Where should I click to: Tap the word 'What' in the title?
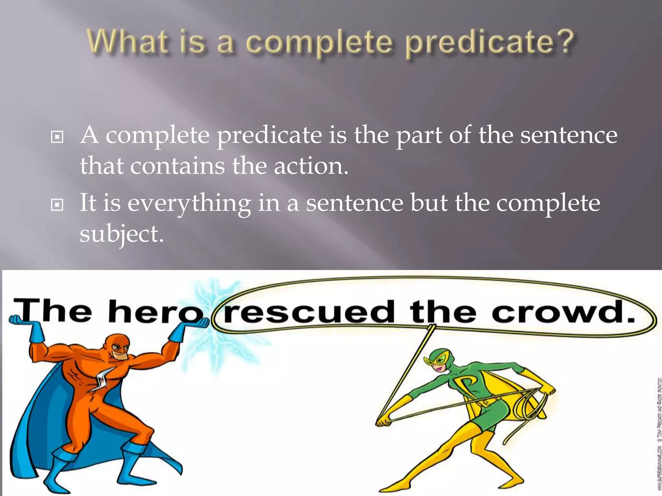(x=128, y=42)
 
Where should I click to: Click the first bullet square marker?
(x=57, y=137)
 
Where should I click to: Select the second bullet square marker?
(x=57, y=205)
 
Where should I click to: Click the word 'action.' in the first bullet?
(x=311, y=166)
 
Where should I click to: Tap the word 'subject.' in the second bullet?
(x=122, y=234)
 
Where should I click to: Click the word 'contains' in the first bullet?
(x=177, y=166)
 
